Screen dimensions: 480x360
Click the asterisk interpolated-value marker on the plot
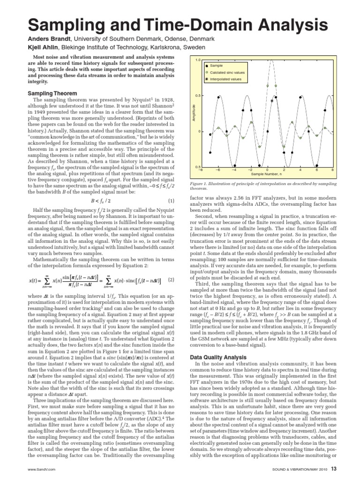[271, 100]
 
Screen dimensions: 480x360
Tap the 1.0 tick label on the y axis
[198, 60]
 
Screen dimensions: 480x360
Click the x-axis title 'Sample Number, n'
[267, 174]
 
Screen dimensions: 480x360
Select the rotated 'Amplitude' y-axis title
[193, 113]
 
